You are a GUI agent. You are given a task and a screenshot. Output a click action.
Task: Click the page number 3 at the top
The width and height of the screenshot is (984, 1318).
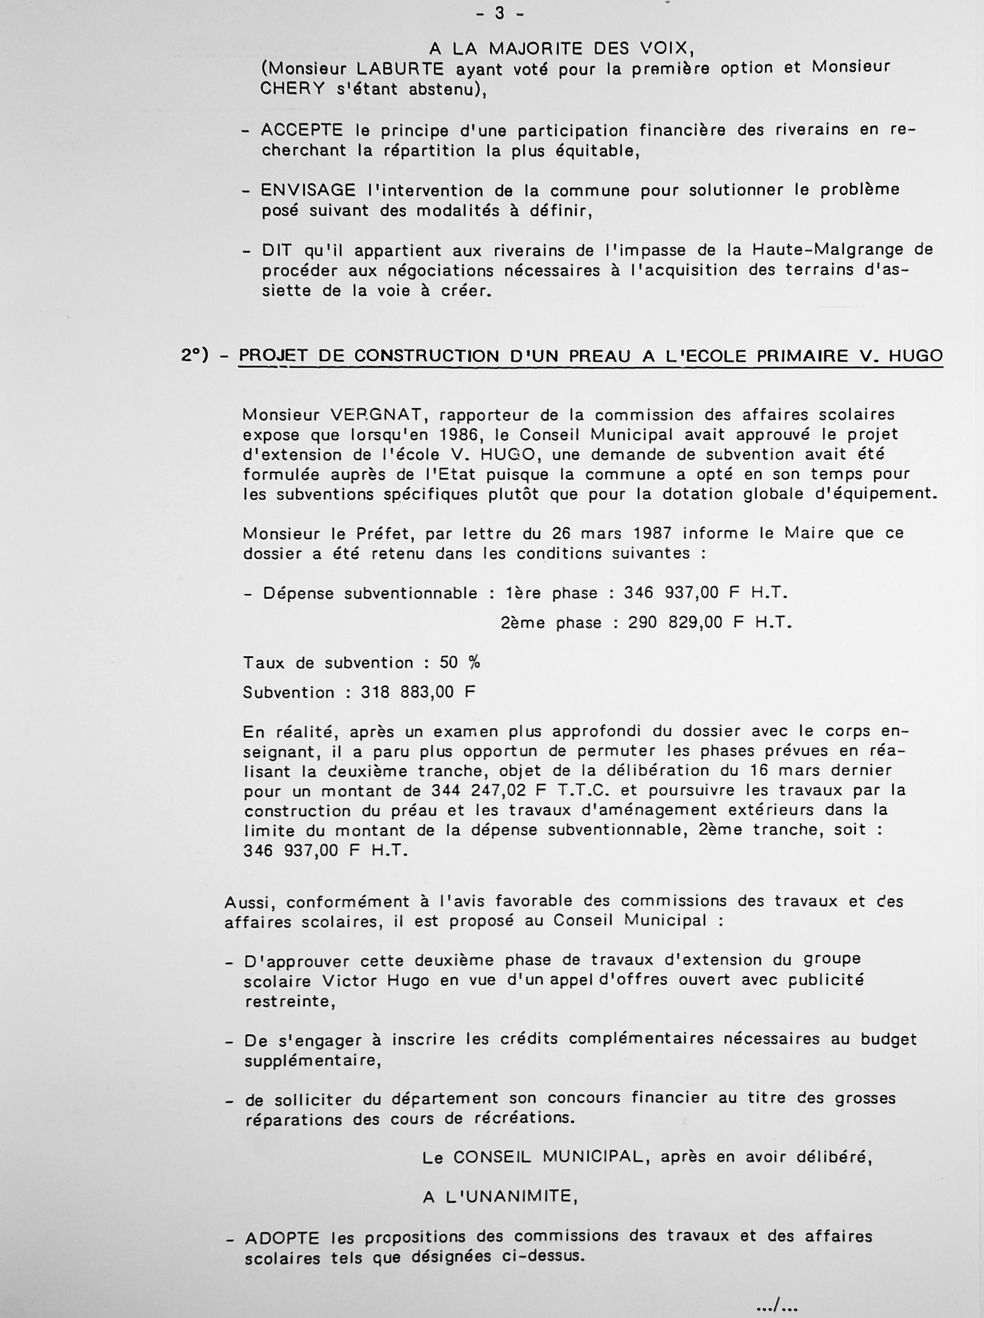(x=500, y=13)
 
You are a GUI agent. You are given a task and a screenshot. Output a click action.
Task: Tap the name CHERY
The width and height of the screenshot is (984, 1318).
(x=292, y=89)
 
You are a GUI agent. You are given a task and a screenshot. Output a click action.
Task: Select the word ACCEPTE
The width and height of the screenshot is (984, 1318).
(x=302, y=130)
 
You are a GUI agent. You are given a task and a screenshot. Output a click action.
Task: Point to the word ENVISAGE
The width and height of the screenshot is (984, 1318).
(x=308, y=190)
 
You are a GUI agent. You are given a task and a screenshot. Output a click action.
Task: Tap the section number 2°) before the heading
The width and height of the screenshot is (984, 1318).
(x=195, y=356)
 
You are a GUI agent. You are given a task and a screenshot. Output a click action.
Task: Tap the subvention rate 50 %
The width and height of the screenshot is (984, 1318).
(x=460, y=662)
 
